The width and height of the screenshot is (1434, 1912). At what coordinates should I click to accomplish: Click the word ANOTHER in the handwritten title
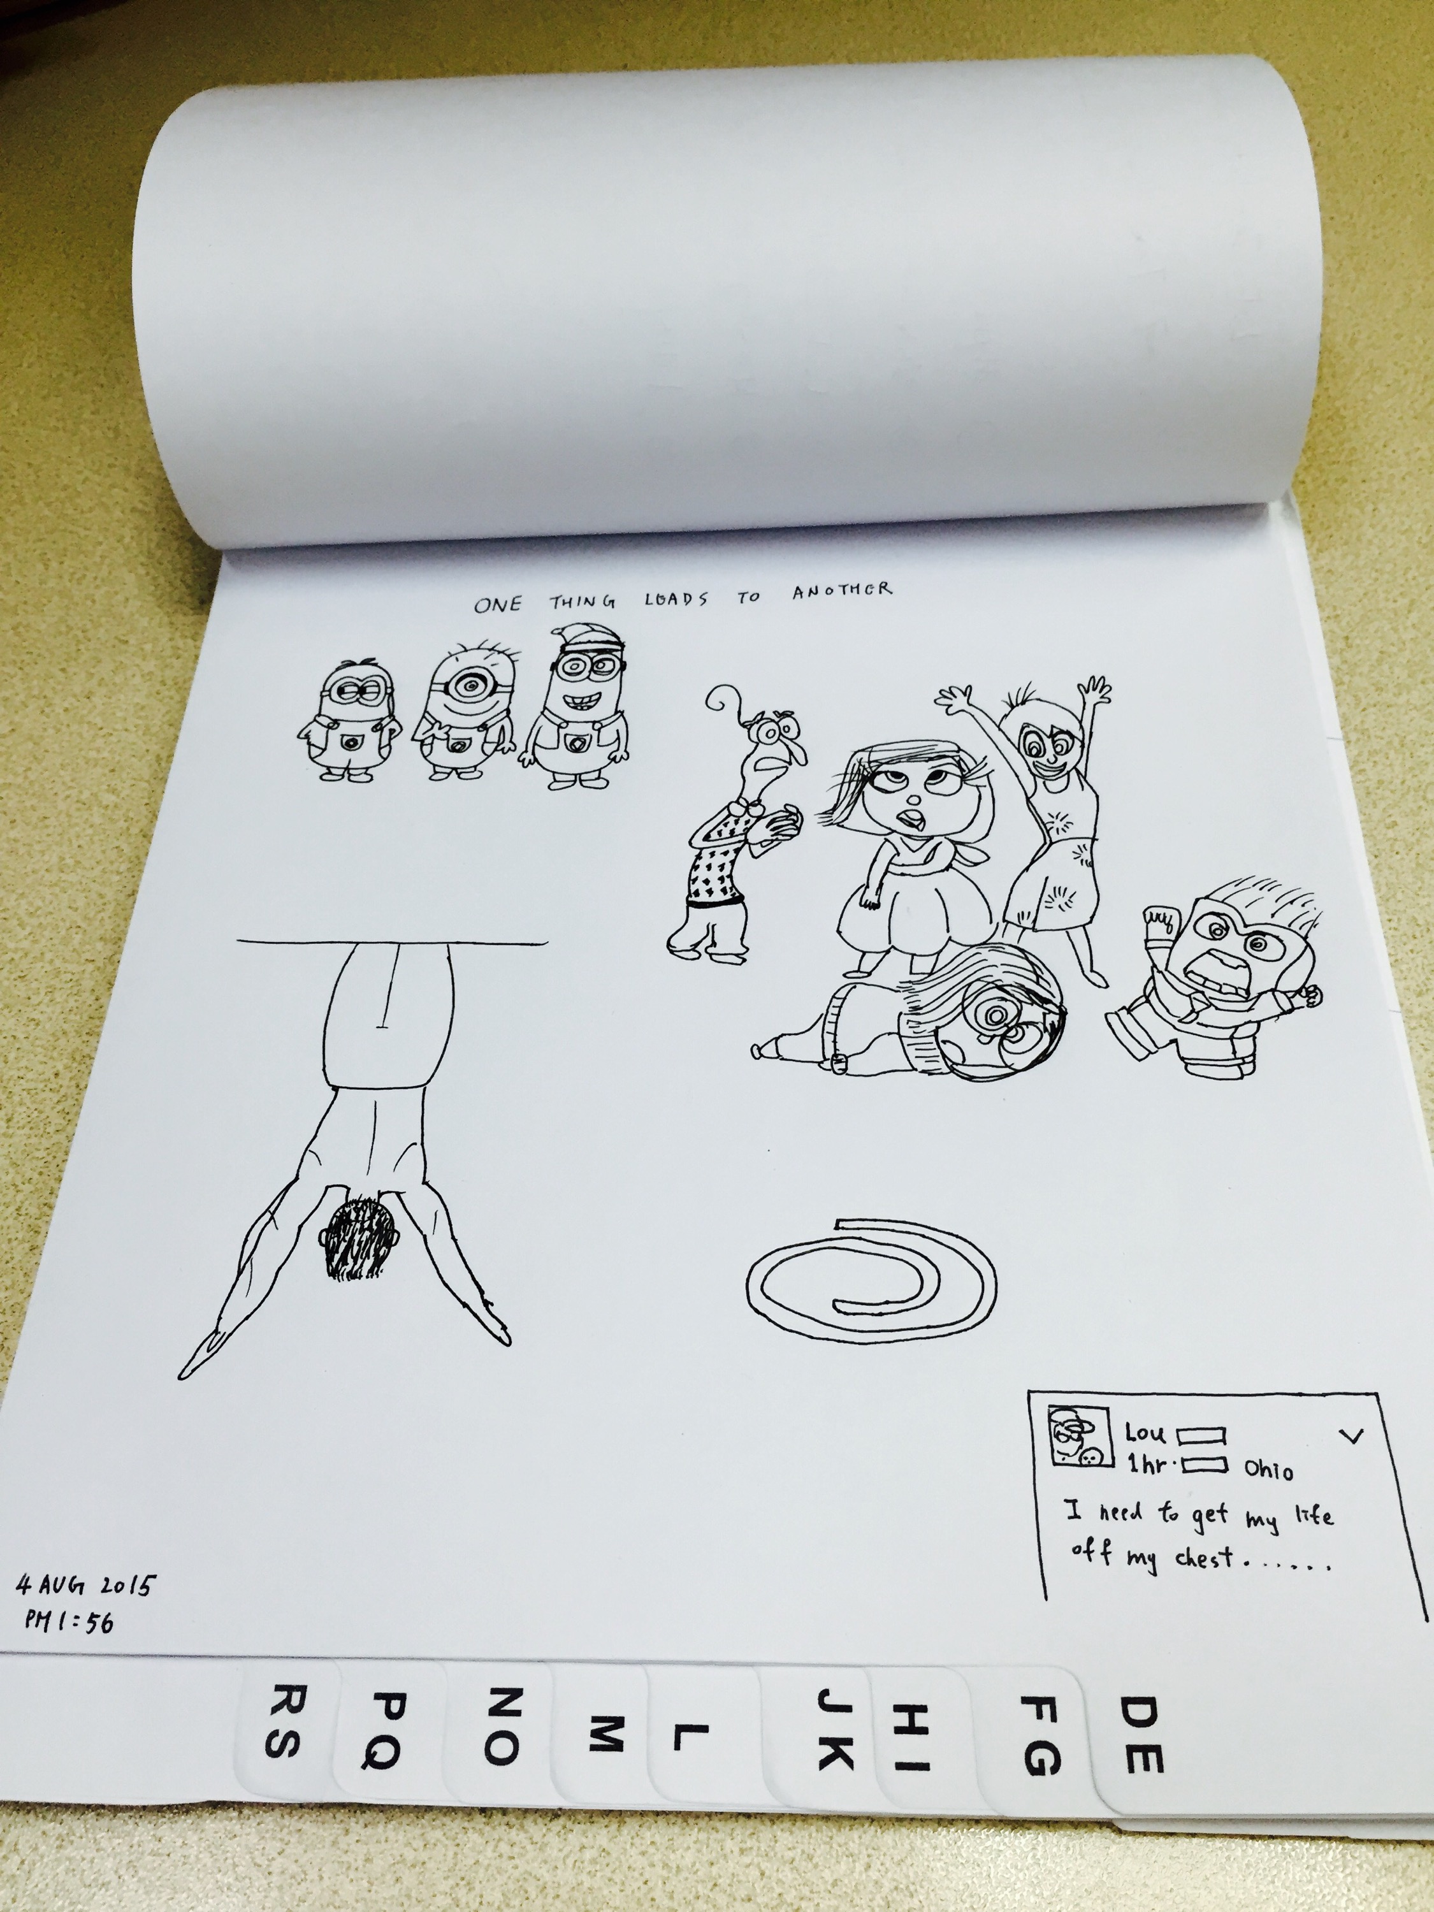tap(842, 590)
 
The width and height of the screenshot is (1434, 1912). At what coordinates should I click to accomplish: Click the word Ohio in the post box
tap(1268, 1470)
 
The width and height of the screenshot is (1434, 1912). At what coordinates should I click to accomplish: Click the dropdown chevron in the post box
tap(1351, 1436)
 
